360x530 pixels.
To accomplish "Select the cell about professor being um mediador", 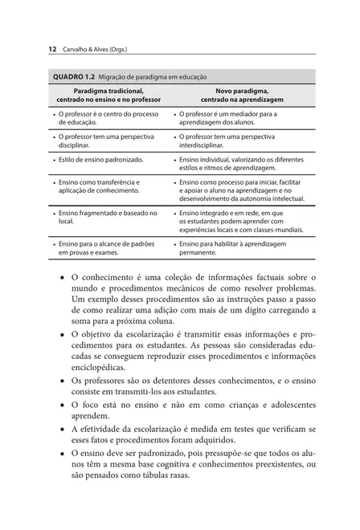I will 227,119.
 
